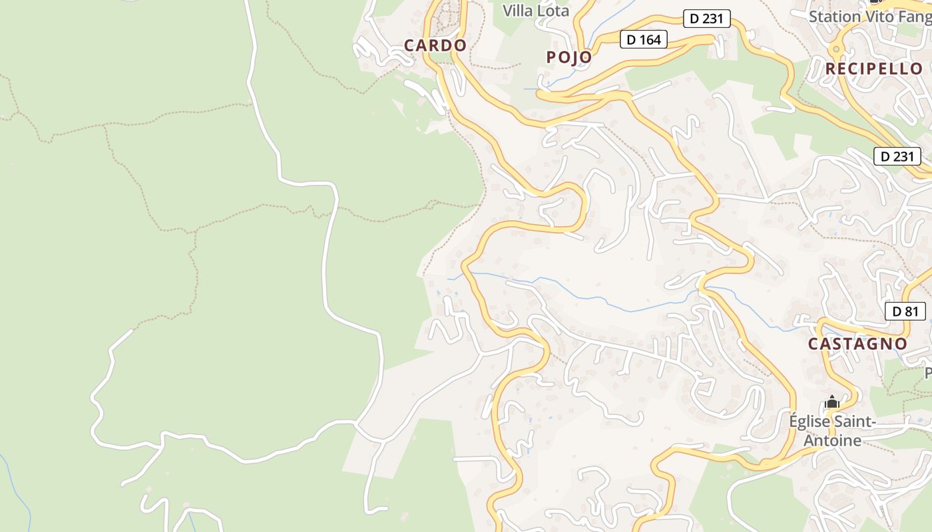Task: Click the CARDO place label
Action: (x=435, y=45)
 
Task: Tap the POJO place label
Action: (x=569, y=57)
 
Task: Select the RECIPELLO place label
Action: (x=874, y=68)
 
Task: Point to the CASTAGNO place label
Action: (x=857, y=344)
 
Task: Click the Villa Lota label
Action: (x=536, y=11)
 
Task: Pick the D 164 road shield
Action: (x=644, y=40)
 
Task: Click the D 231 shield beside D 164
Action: (x=706, y=19)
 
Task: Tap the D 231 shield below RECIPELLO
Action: (x=897, y=157)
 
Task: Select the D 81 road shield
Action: (x=905, y=311)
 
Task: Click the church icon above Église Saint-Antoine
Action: (x=831, y=402)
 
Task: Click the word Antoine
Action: (x=832, y=440)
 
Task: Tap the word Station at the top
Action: (x=833, y=16)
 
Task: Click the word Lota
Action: (x=554, y=11)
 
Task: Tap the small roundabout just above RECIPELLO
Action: (x=836, y=49)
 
